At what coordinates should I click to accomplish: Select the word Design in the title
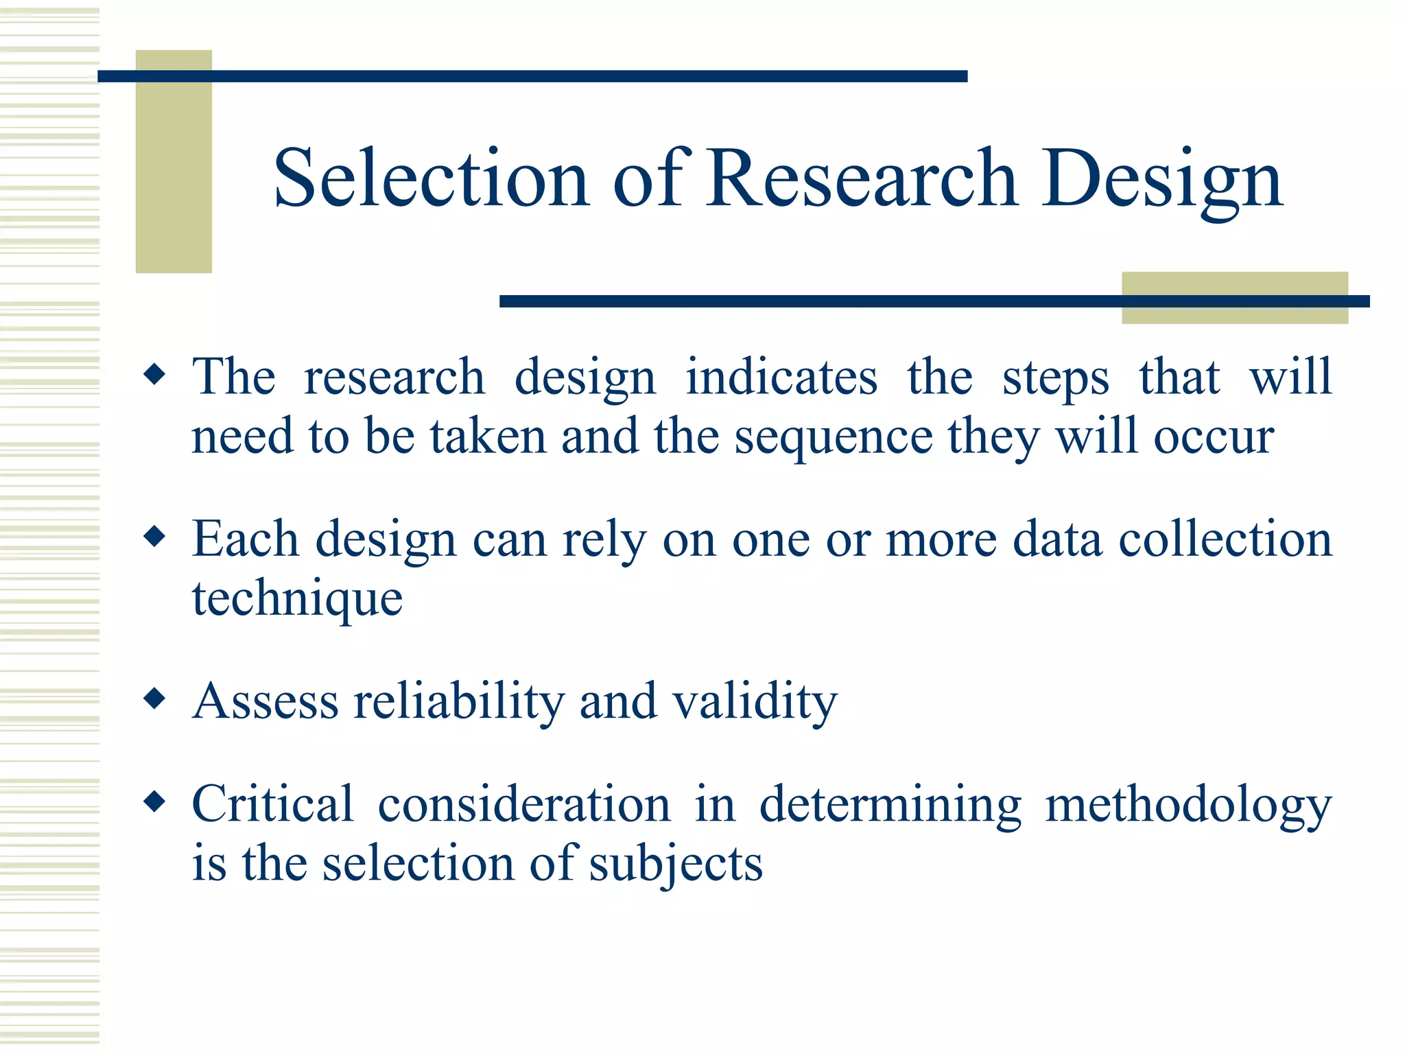tap(1161, 180)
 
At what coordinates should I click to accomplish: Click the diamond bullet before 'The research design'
tap(156, 375)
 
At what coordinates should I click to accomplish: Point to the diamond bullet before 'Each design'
tap(156, 537)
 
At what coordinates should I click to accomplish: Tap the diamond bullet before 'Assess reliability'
tap(156, 699)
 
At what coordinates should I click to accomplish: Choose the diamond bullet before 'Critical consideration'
tap(156, 801)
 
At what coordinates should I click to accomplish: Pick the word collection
tap(1225, 539)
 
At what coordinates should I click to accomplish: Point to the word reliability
tap(458, 701)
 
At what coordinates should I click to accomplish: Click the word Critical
tap(272, 804)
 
